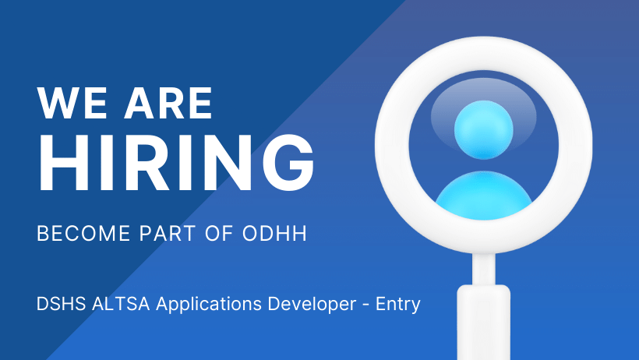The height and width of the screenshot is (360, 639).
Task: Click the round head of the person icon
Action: point(483,129)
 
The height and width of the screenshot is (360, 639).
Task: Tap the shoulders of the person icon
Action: point(483,195)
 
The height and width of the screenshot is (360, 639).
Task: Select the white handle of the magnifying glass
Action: point(483,319)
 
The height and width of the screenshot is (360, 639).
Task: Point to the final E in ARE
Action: point(199,104)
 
